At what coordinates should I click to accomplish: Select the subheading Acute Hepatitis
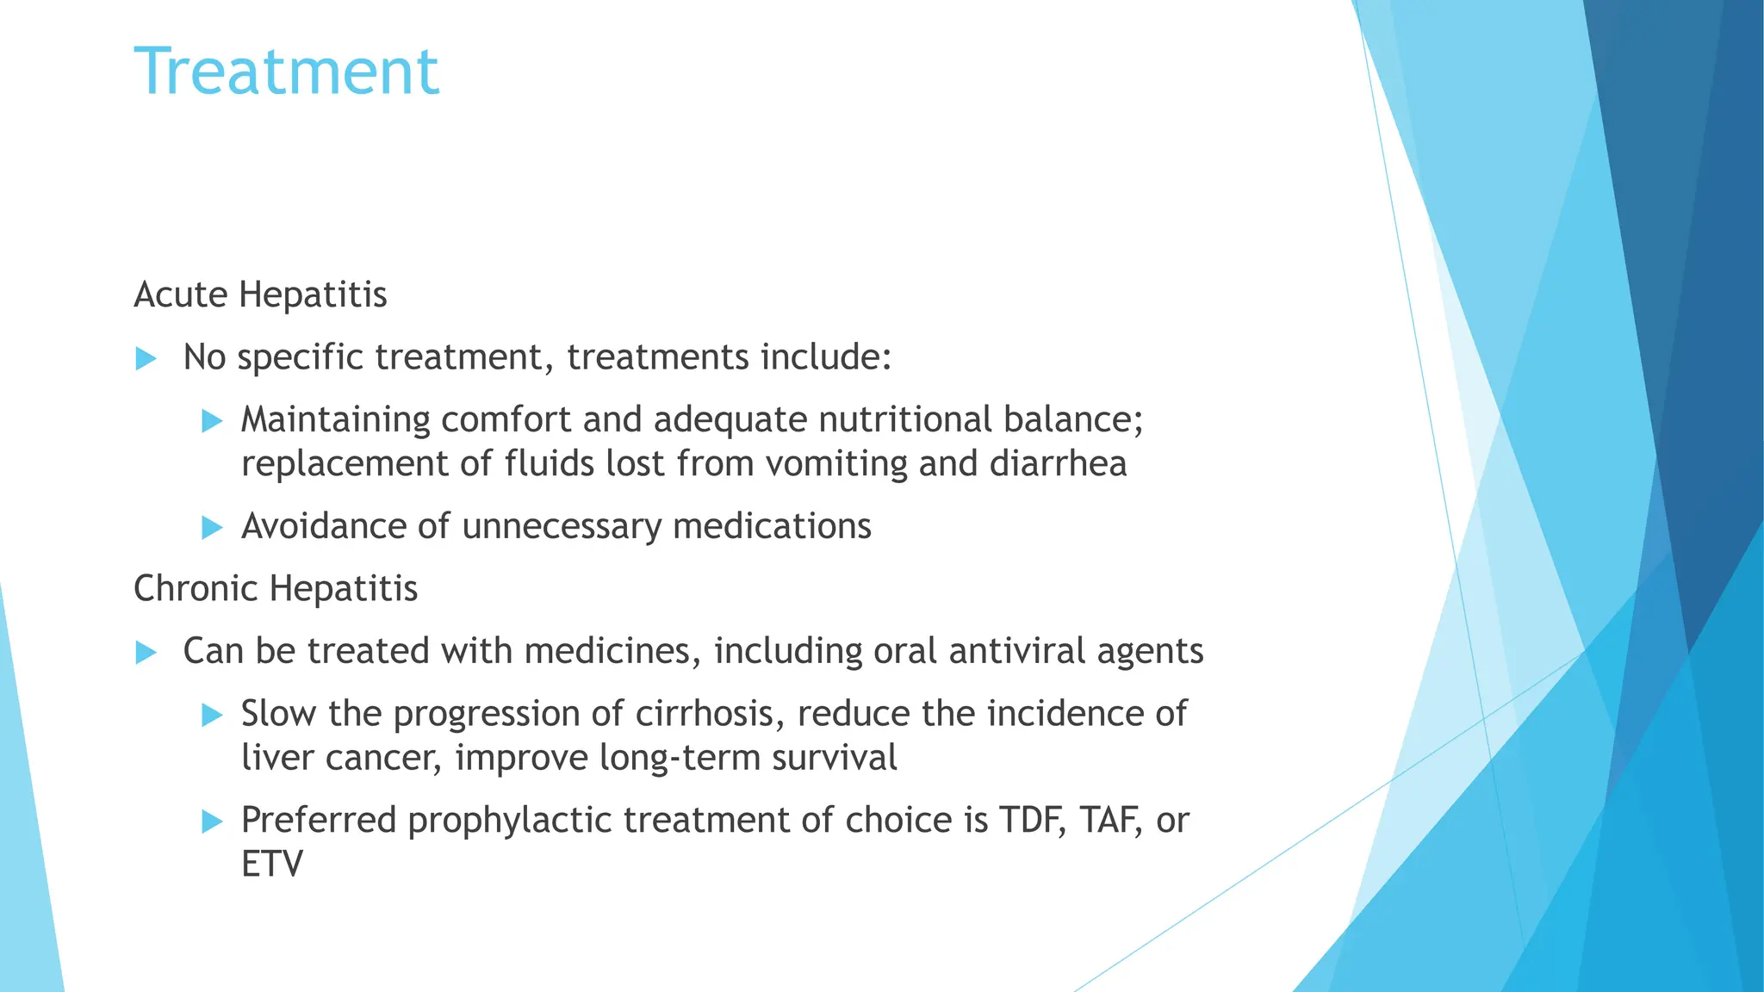pos(260,294)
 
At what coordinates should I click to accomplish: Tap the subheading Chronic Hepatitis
pos(276,589)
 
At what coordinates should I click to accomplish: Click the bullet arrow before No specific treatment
pos(146,358)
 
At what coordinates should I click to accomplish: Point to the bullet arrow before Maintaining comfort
pos(212,421)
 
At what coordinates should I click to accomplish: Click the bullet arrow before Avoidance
pos(212,527)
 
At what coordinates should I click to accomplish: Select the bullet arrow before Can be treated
pos(146,653)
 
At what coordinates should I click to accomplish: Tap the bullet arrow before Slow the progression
pos(212,715)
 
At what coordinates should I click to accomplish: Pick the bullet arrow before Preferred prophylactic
pos(212,821)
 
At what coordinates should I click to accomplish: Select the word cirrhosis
pos(710,714)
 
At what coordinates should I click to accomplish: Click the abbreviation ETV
pos(272,865)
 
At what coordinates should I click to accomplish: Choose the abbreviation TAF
pos(1112,821)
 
